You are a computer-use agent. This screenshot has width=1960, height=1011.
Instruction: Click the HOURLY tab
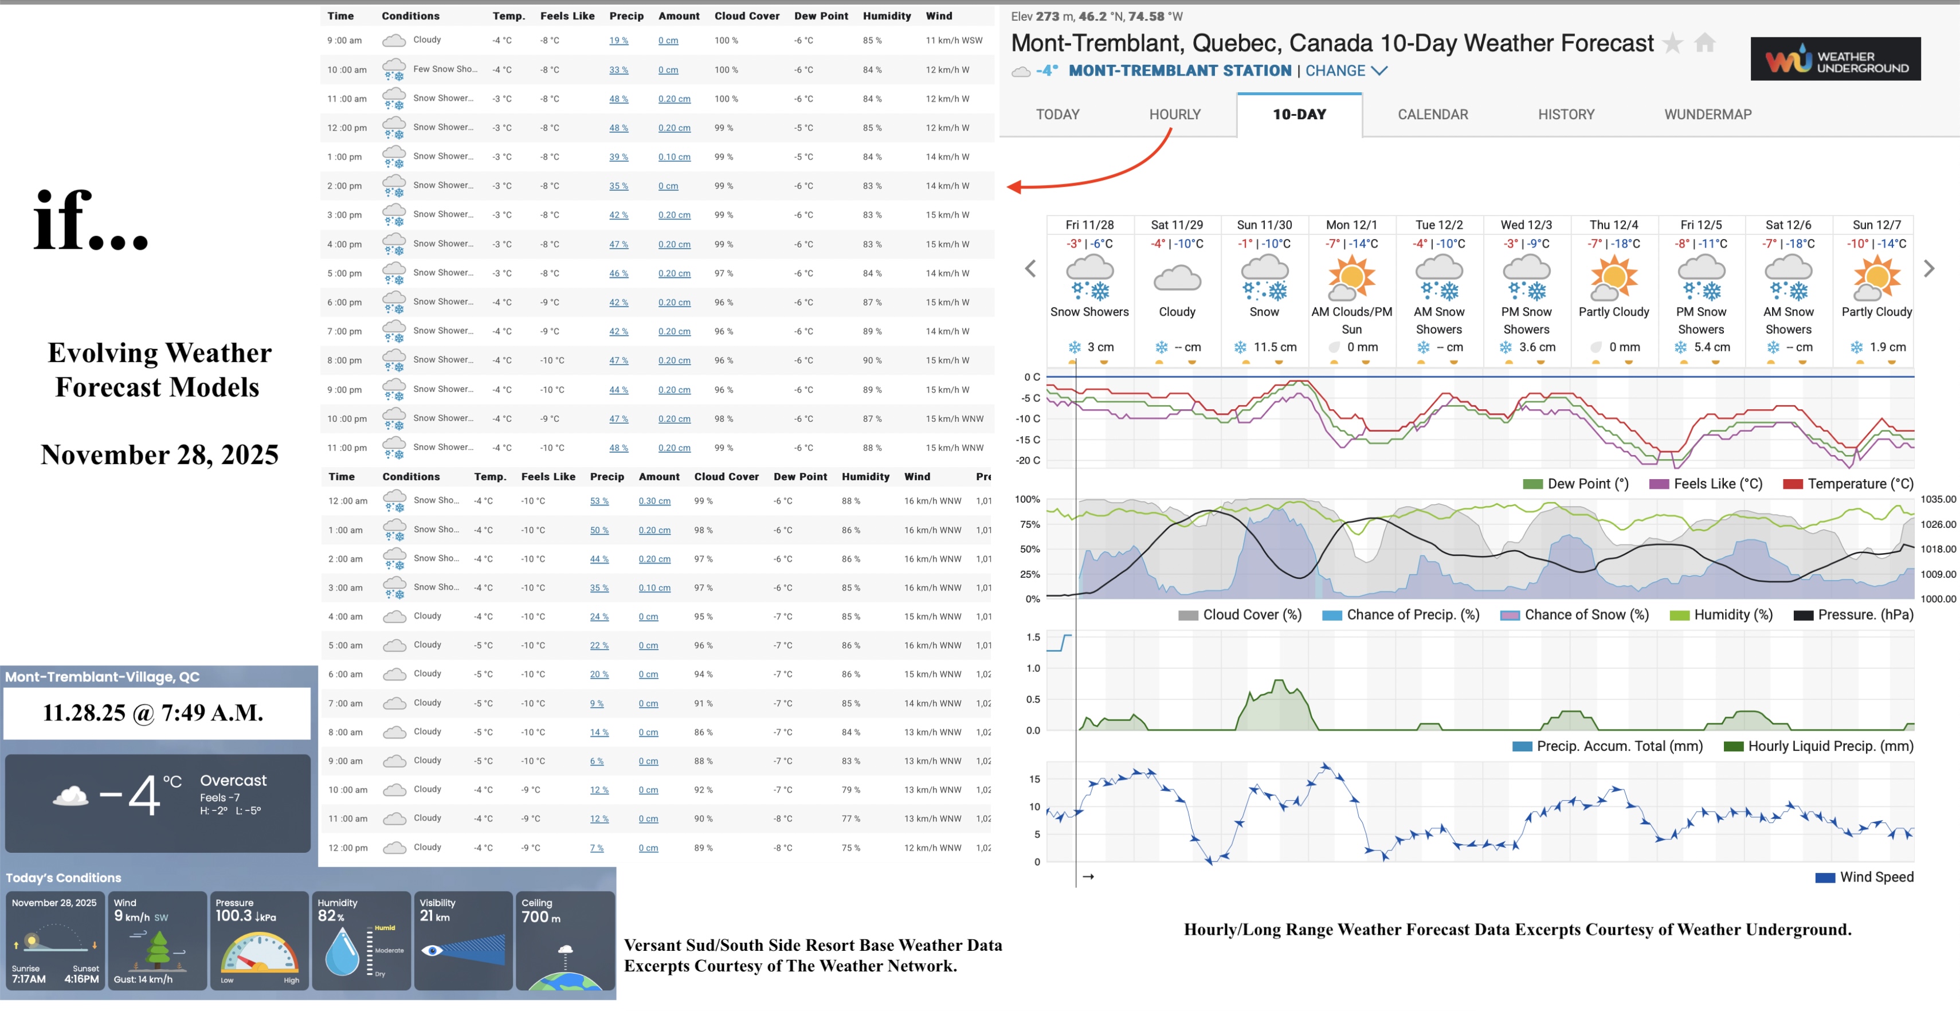click(x=1174, y=114)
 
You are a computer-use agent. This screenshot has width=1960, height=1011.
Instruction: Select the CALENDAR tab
click(x=1432, y=114)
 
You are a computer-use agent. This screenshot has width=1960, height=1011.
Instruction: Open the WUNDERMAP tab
click(x=1707, y=114)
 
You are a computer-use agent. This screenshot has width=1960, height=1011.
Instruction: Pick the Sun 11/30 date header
click(x=1264, y=225)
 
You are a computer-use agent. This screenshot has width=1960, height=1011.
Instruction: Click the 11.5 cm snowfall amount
click(x=1275, y=347)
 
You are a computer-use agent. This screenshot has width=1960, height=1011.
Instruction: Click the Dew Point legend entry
click(x=1576, y=484)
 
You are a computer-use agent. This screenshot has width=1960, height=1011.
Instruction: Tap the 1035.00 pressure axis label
click(x=1937, y=499)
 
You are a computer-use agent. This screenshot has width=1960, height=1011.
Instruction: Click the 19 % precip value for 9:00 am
click(x=618, y=40)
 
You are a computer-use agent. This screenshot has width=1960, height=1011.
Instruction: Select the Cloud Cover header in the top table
click(x=746, y=16)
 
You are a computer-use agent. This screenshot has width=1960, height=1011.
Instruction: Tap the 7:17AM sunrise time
click(x=29, y=979)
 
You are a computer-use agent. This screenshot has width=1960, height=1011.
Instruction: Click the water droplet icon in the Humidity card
click(x=342, y=951)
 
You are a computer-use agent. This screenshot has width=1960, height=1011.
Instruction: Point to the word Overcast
click(x=233, y=781)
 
